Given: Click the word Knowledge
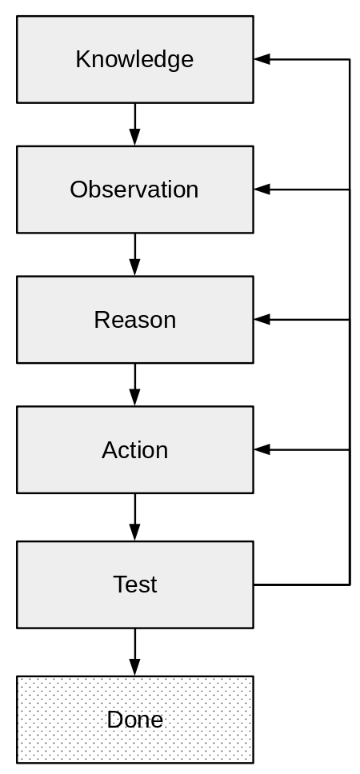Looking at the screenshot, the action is [134, 60].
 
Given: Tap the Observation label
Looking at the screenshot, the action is [134, 190].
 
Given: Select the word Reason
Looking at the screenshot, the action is [135, 320].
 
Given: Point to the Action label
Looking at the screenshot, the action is [135, 450].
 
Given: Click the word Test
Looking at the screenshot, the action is [135, 584].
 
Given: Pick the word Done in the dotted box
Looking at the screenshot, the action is [135, 720].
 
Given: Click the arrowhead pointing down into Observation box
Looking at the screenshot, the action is [135, 138].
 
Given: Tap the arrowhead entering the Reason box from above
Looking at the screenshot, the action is [135, 268].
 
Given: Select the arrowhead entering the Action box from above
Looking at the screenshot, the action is [135, 398].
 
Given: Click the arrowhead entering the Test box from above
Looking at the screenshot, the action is [135, 533].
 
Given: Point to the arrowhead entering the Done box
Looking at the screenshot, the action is [135, 668].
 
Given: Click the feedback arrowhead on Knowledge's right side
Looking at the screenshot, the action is [262, 59].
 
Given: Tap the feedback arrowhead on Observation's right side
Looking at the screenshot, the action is [262, 189].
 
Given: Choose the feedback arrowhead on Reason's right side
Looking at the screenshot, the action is [262, 319].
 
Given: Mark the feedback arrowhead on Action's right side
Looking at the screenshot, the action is [262, 449].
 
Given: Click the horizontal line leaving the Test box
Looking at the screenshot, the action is [302, 585].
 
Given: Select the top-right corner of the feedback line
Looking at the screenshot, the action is [350, 59].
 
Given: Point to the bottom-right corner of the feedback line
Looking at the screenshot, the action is [350, 585].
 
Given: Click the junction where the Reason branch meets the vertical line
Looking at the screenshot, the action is [350, 319].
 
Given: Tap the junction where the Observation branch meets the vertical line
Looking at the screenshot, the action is [350, 189].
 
